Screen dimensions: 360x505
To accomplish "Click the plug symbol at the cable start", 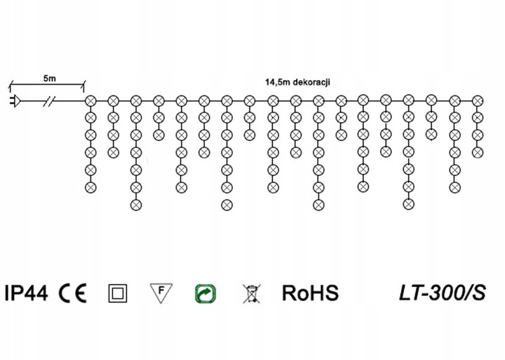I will coord(13,100).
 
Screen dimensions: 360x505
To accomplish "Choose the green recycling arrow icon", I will coord(204,293).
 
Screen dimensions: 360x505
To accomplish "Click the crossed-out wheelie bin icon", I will coord(249,293).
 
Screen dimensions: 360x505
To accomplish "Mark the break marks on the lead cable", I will coord(50,100).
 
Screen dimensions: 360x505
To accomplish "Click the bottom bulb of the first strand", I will coord(90,187).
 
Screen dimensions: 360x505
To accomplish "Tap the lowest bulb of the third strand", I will coord(136,204).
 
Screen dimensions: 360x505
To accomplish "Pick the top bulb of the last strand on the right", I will coord(478,100).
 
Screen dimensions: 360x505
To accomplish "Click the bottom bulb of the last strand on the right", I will coord(478,152).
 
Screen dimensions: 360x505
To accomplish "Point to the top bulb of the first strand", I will coord(90,100).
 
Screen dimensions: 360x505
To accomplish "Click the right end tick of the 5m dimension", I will coord(85,85).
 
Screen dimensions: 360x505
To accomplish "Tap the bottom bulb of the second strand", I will coord(113,152).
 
